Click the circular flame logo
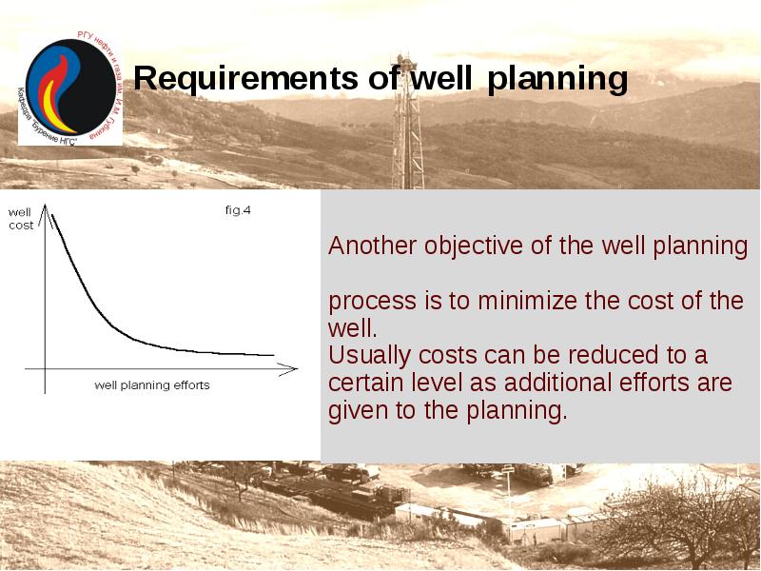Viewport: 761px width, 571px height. tap(68, 88)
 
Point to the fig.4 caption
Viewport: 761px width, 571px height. tap(238, 210)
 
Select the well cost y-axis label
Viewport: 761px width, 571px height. tap(21, 219)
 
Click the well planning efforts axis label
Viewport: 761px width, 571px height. tap(152, 385)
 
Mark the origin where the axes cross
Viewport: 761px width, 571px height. tap(46, 367)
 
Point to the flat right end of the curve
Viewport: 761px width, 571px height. tap(271, 354)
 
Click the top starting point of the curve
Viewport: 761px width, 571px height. tap(52, 216)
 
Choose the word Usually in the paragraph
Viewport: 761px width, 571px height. tap(366, 356)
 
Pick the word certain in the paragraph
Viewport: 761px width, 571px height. tap(362, 384)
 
